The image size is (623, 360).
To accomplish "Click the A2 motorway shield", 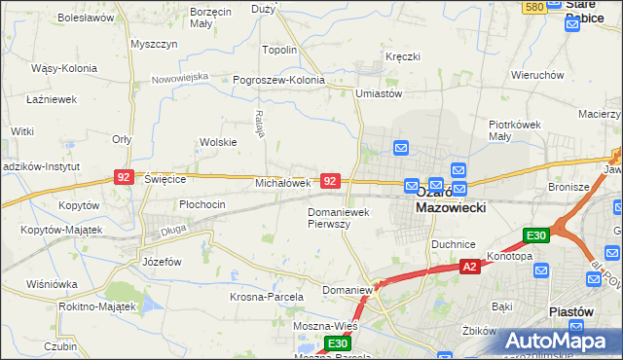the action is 469,266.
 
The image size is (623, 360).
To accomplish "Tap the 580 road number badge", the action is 533,8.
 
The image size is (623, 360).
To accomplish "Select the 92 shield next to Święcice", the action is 124,177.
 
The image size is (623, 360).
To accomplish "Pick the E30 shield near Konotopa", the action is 536,235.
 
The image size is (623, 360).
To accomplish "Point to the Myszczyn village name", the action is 153,45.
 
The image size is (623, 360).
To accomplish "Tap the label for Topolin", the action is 279,50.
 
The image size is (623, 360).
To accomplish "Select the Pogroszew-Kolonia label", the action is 278,80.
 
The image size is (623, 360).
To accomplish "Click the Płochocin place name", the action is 202,204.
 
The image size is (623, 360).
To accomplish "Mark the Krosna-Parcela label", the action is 267,296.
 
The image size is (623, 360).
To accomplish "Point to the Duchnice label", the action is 453,245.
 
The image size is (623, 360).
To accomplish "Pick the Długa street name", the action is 146,231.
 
